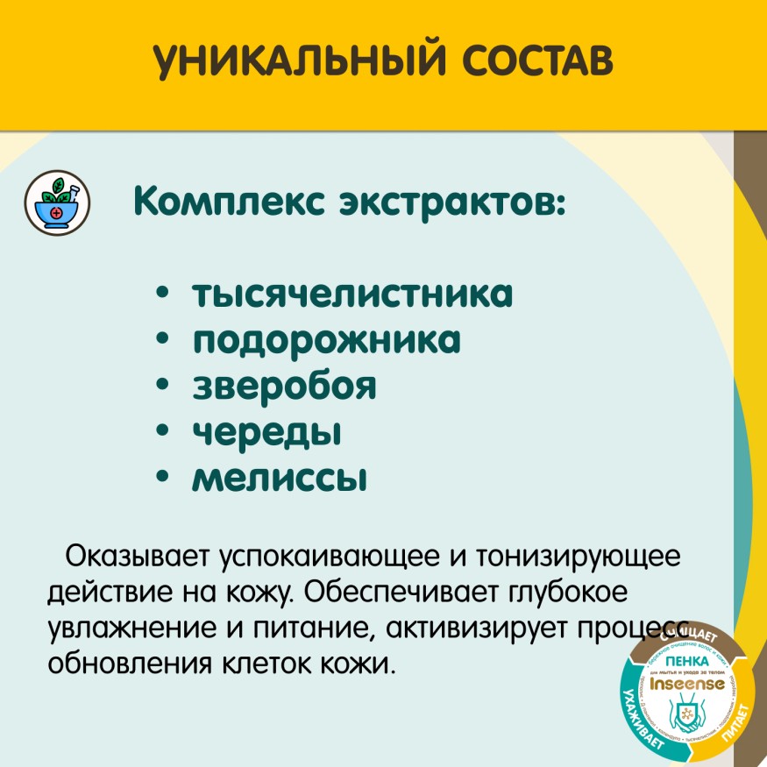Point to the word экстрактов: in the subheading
tap(446, 203)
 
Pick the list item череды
tap(266, 432)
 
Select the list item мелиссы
tap(279, 479)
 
